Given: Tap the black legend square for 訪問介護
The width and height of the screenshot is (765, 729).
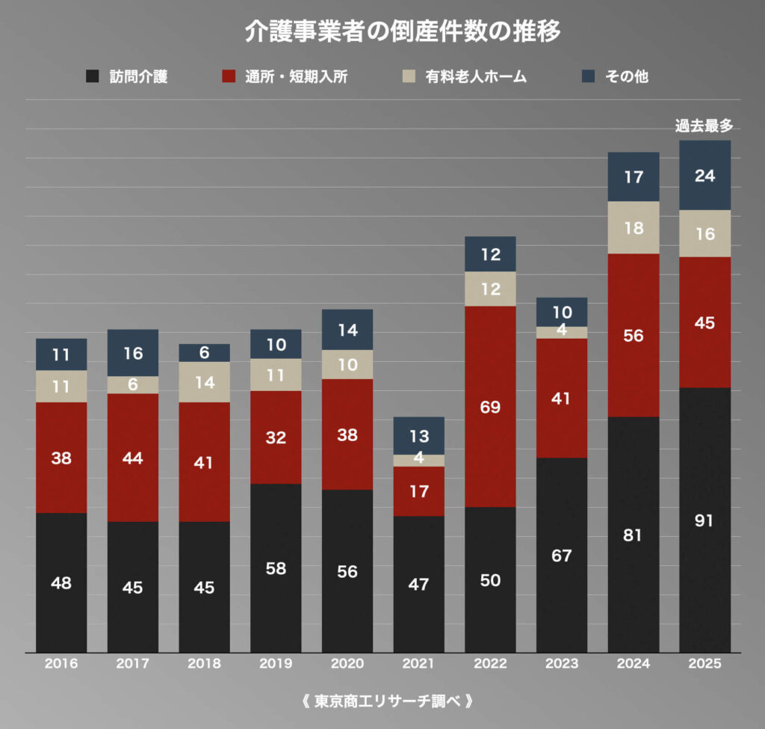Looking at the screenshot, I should pyautogui.click(x=93, y=76).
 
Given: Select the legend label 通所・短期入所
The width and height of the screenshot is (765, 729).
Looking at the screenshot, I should pyautogui.click(x=296, y=76).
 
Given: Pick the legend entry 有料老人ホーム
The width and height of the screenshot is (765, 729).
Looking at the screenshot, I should pyautogui.click(x=476, y=76).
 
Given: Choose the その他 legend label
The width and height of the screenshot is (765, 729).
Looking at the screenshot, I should pyautogui.click(x=627, y=76).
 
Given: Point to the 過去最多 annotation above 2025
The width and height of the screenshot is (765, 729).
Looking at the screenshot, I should pyautogui.click(x=704, y=126).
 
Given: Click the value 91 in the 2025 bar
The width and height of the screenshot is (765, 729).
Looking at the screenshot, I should pyautogui.click(x=704, y=521).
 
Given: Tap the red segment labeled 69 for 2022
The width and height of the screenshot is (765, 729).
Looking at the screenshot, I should pyautogui.click(x=490, y=407).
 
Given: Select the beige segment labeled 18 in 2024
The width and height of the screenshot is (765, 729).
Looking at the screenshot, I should pyautogui.click(x=634, y=228).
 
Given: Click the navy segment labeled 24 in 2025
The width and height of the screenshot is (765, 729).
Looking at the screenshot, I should pyautogui.click(x=704, y=176).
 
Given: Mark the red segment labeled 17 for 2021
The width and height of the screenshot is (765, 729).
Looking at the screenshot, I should pyautogui.click(x=418, y=491).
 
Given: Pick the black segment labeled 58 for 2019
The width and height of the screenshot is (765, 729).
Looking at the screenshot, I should pyautogui.click(x=276, y=568).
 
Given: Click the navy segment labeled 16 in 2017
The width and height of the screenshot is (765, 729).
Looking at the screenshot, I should pyautogui.click(x=133, y=353).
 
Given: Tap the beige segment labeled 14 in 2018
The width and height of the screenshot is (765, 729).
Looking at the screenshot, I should pyautogui.click(x=204, y=382).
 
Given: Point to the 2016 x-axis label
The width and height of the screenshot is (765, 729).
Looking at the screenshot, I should pyautogui.click(x=61, y=663).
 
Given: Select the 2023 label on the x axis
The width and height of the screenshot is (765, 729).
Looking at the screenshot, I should pyautogui.click(x=562, y=663).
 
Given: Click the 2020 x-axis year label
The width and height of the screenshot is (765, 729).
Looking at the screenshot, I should pyautogui.click(x=347, y=663).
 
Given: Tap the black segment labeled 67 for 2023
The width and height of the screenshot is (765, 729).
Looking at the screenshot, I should pyautogui.click(x=562, y=556).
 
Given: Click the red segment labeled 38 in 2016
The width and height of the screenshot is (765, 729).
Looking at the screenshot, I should pyautogui.click(x=61, y=458).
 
